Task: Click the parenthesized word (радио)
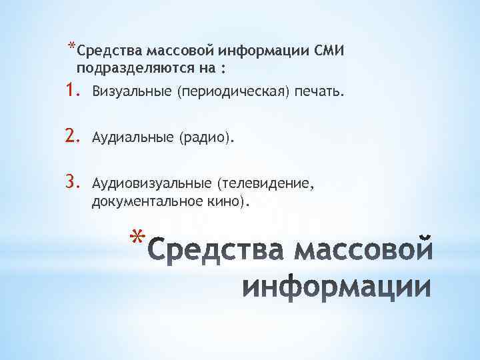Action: [206, 138]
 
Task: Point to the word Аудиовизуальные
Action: [149, 183]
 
